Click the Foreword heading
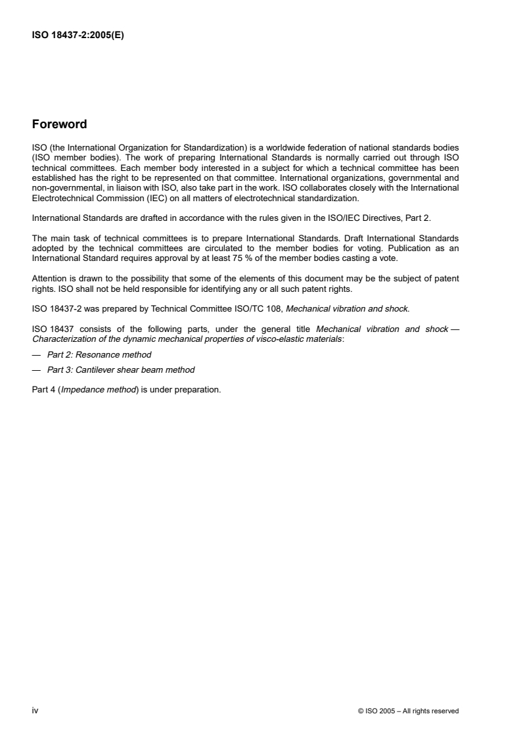[x=59, y=124]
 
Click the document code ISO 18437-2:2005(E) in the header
[x=78, y=37]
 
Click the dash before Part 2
[x=37, y=354]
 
